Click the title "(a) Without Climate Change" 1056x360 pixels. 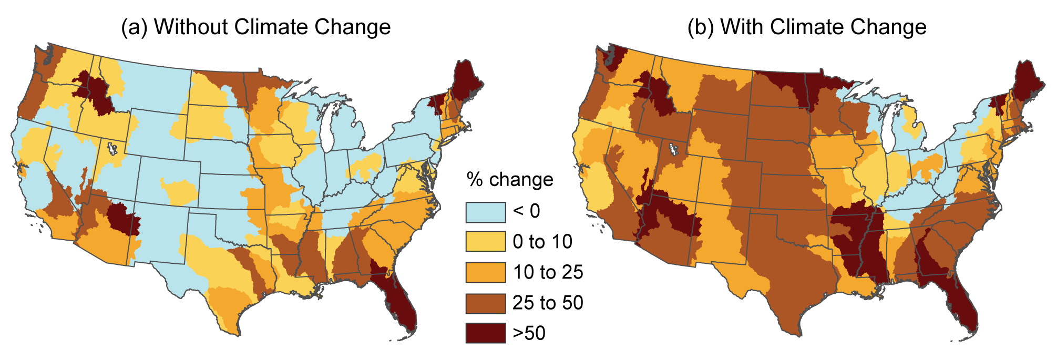click(256, 27)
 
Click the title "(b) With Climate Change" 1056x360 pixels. click(807, 27)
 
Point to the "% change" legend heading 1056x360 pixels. click(509, 180)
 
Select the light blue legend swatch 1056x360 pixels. click(485, 212)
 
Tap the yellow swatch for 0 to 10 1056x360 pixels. click(485, 242)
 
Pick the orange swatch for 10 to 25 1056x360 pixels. click(485, 272)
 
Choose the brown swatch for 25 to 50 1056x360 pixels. click(485, 303)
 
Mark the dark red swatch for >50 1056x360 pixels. click(485, 333)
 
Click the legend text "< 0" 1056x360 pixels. click(526, 211)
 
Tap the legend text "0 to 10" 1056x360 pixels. click(542, 242)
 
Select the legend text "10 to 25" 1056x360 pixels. click(548, 272)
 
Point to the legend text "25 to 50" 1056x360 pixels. click(548, 303)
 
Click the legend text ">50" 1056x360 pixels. click(529, 333)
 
